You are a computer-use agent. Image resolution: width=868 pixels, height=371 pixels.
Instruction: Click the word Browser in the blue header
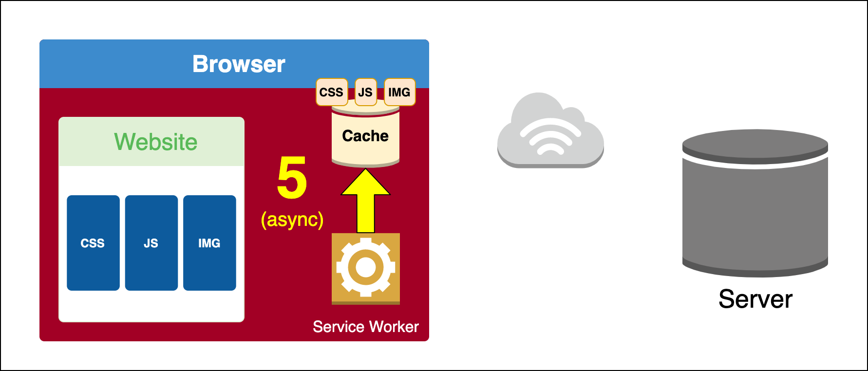[x=239, y=64]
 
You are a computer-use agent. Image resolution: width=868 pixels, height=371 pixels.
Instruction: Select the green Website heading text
[x=156, y=142]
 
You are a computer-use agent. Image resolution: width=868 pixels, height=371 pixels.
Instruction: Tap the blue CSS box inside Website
[x=93, y=243]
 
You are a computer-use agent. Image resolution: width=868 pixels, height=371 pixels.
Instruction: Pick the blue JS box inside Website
[x=151, y=243]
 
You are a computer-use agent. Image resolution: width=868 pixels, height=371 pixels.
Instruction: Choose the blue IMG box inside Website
[x=209, y=243]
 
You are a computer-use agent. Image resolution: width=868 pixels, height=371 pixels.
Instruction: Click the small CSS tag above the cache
[x=331, y=92]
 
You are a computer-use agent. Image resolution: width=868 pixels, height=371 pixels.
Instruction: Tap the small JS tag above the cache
[x=365, y=92]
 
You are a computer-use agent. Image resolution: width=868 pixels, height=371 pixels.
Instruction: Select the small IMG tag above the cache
[x=399, y=92]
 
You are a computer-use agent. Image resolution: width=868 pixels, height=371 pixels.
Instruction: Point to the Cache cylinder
[x=365, y=139]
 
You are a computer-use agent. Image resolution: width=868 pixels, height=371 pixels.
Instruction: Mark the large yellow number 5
[x=292, y=178]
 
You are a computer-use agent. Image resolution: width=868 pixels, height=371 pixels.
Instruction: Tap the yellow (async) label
[x=292, y=220]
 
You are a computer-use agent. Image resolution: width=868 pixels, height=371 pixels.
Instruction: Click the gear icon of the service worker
[x=365, y=268]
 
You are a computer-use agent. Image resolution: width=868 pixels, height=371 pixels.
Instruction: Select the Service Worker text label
[x=365, y=327]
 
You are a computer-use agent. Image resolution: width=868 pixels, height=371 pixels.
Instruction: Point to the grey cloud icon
[x=550, y=131]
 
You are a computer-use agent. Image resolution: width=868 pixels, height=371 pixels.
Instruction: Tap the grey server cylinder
[x=755, y=204]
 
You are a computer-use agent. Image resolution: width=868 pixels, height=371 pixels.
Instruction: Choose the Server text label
[x=755, y=299]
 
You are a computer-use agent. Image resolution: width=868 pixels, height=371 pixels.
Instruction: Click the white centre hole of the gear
[x=365, y=267]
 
